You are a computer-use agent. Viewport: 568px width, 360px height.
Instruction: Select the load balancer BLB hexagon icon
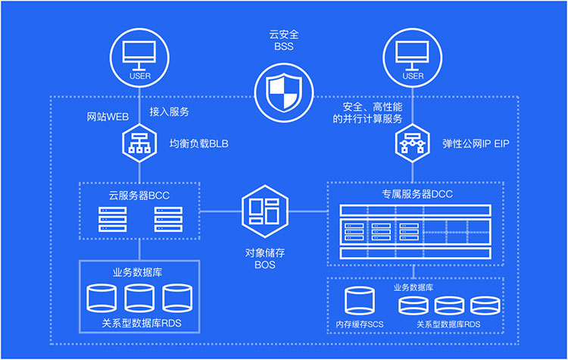(x=139, y=142)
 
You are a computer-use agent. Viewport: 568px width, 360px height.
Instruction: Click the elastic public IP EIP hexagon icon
(x=413, y=142)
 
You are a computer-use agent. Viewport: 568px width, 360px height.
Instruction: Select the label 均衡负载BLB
(x=198, y=142)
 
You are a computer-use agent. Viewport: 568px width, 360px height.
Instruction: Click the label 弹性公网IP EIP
(x=476, y=142)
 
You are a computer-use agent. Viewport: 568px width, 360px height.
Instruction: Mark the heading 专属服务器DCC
(x=413, y=195)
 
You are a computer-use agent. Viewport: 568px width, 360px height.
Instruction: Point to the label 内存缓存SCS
(x=360, y=324)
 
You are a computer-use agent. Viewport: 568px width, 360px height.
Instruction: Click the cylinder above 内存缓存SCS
(x=360, y=302)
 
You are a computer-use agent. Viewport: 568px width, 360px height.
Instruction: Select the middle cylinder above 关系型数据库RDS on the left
(x=139, y=299)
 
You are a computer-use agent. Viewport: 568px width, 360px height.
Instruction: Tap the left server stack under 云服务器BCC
(x=113, y=219)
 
